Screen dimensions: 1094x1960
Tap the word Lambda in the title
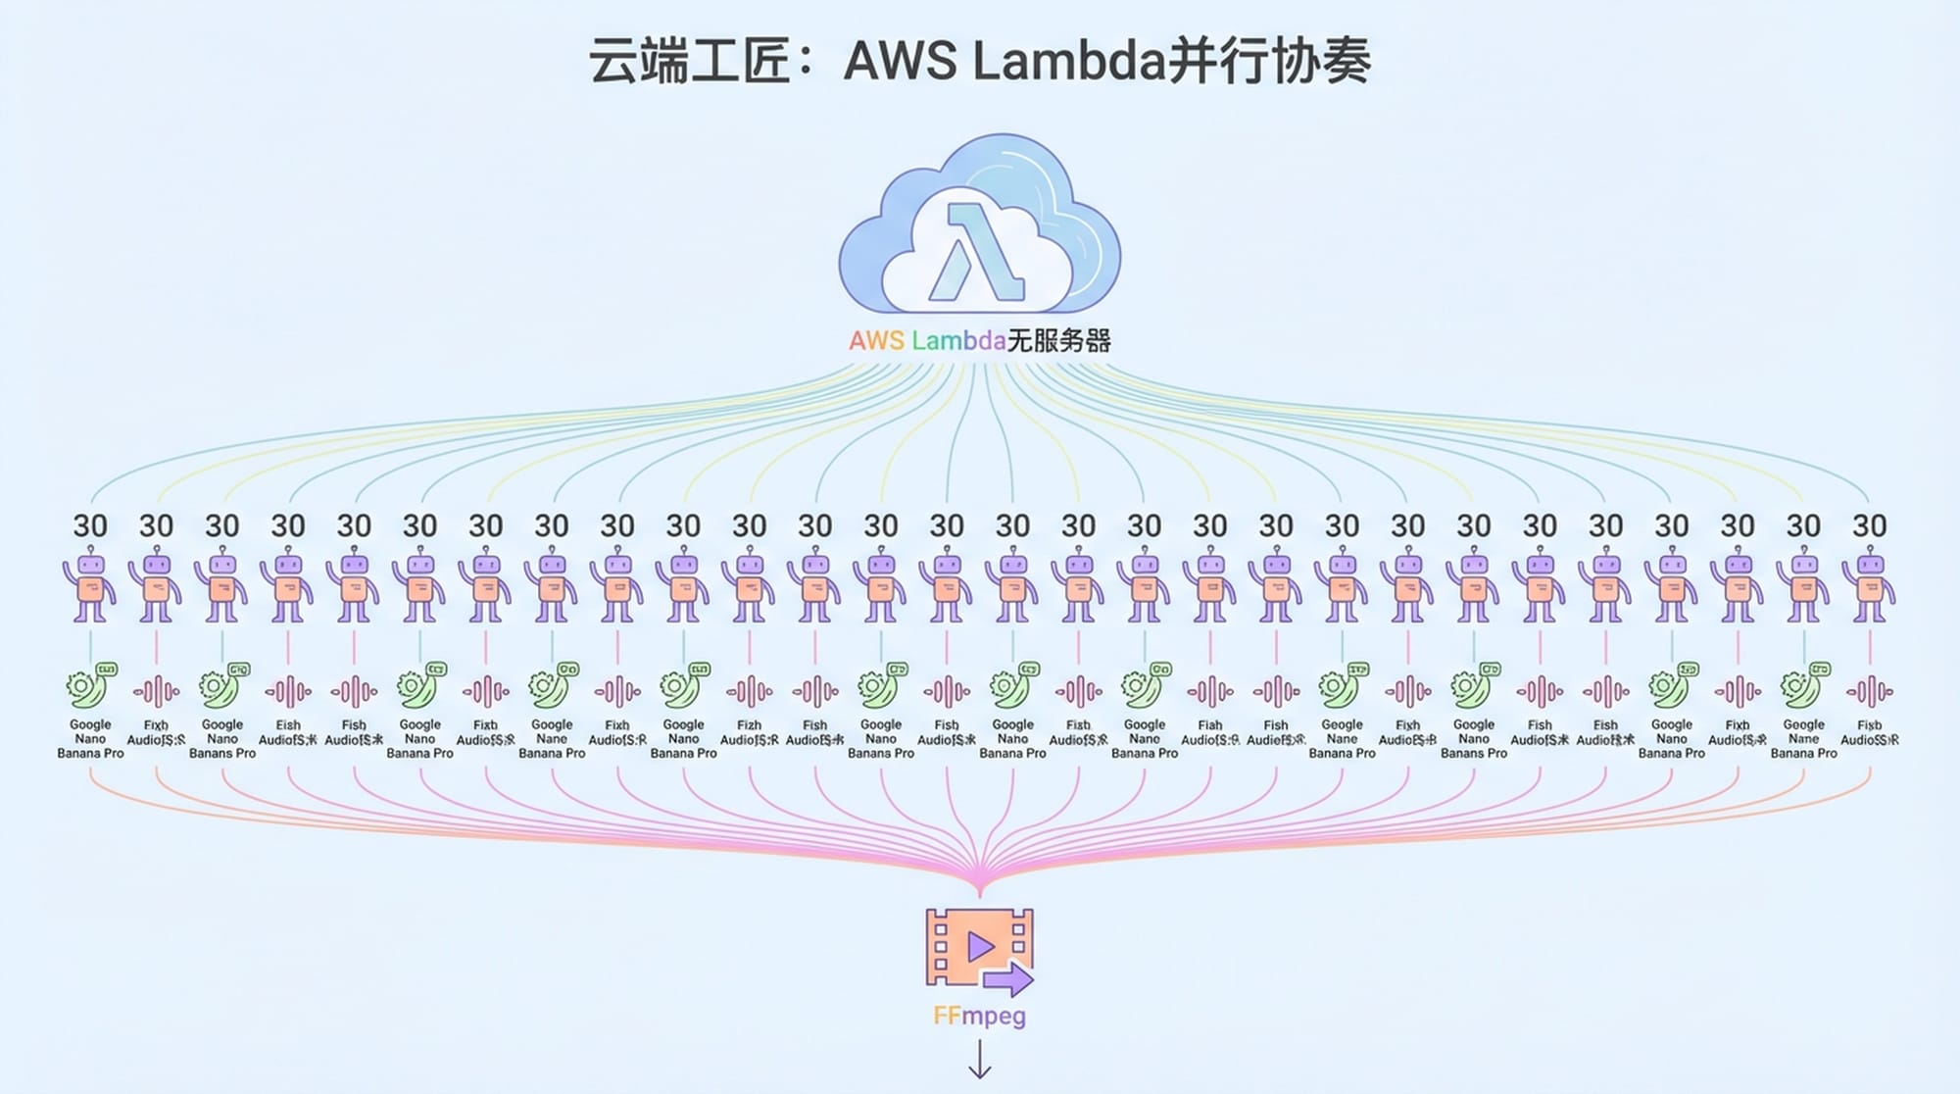click(1068, 61)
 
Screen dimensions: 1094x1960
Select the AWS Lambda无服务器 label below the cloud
click(979, 341)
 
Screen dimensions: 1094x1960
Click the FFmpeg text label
click(979, 1015)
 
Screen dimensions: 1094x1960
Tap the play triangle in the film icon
click(979, 946)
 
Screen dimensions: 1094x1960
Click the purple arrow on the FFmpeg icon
click(1008, 978)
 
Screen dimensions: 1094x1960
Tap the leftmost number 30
click(90, 526)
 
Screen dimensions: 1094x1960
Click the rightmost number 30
click(1869, 526)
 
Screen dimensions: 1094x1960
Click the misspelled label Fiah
click(1210, 725)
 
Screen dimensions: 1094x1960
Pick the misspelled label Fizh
click(749, 725)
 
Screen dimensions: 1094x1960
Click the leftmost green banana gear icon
click(90, 685)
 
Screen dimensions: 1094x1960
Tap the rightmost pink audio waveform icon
click(1869, 691)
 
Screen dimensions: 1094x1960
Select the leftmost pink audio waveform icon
click(156, 691)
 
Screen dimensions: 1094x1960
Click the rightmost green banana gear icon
click(1804, 685)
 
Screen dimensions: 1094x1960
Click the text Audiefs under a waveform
click(1276, 740)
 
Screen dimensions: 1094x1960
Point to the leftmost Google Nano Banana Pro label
click(90, 739)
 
